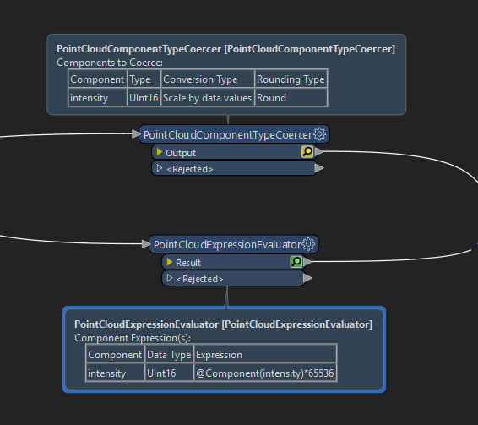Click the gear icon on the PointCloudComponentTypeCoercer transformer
[x=319, y=134]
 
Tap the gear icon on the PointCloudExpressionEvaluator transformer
[x=308, y=244]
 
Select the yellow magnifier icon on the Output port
[x=307, y=151]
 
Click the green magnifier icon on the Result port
[x=296, y=262]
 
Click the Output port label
[x=181, y=153]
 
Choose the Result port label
[x=188, y=263]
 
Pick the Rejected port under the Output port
[x=234, y=168]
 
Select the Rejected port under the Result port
[x=234, y=278]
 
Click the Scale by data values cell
[x=208, y=98]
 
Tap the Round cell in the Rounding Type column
[x=291, y=98]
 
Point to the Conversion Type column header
[x=208, y=79]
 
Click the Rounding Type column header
[x=291, y=79]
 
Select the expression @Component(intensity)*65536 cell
[x=265, y=373]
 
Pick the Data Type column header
[x=169, y=355]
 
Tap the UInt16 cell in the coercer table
[x=144, y=98]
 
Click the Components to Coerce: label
[x=110, y=63]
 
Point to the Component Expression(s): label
[x=133, y=338]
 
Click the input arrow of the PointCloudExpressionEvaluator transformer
[x=146, y=244]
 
